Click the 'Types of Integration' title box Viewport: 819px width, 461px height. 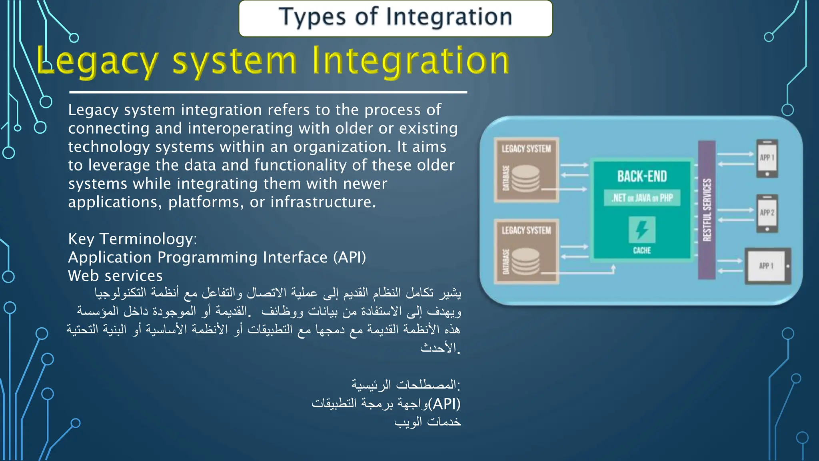point(395,18)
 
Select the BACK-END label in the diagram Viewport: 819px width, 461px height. point(642,176)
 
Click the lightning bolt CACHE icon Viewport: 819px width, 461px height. point(642,230)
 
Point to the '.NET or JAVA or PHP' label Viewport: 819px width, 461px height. point(642,198)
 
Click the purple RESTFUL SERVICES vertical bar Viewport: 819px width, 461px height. point(707,210)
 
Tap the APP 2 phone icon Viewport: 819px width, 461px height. point(767,213)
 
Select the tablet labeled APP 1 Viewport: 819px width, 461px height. point(767,266)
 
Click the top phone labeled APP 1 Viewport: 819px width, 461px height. point(767,158)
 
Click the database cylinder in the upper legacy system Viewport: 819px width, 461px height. point(525,179)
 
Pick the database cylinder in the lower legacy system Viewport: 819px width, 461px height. point(525,261)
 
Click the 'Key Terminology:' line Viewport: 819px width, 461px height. point(132,239)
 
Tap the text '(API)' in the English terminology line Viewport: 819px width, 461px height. point(350,257)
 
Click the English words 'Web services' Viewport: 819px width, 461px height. point(115,276)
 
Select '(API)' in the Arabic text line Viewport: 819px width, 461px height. point(444,404)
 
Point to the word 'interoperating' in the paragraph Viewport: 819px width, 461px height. point(239,128)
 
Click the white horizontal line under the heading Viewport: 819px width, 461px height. point(268,92)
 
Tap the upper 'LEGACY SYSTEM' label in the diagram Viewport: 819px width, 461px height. point(526,149)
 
